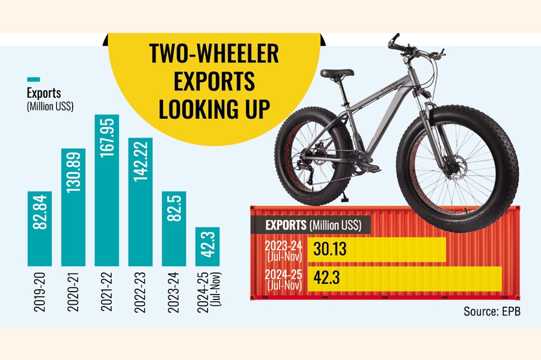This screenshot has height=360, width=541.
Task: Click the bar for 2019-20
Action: (x=40, y=228)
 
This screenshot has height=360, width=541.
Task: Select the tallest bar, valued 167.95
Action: (x=107, y=190)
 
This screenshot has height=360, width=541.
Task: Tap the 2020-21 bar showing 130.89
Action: (x=73, y=206)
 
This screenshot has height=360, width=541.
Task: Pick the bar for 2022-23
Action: (x=141, y=202)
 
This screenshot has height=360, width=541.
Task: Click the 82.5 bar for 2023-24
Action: (x=174, y=228)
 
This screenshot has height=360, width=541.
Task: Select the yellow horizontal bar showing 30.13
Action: (x=377, y=249)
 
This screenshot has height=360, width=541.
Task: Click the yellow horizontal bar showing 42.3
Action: (x=405, y=279)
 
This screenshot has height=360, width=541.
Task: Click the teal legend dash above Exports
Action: (x=34, y=79)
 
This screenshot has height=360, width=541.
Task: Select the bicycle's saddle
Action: (x=337, y=73)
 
